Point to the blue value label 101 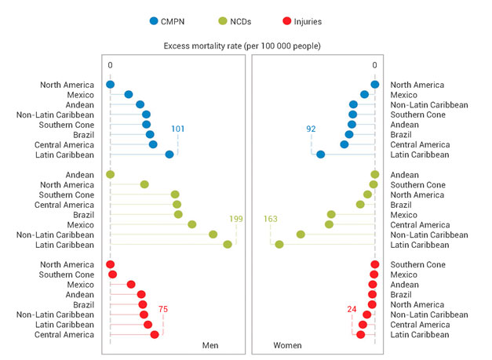(x=177, y=129)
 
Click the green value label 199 (x=236, y=219)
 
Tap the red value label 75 (x=164, y=310)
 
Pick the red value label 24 (x=352, y=310)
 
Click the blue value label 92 (x=312, y=129)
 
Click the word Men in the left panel (x=210, y=345)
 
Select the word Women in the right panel (x=287, y=345)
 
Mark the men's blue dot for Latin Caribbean (x=169, y=155)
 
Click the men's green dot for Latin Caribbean (x=228, y=245)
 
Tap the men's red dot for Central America (x=155, y=335)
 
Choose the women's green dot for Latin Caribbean (x=279, y=245)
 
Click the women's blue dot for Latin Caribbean (x=320, y=155)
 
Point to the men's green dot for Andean (x=110, y=174)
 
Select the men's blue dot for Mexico (x=129, y=95)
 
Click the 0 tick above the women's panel (x=375, y=65)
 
